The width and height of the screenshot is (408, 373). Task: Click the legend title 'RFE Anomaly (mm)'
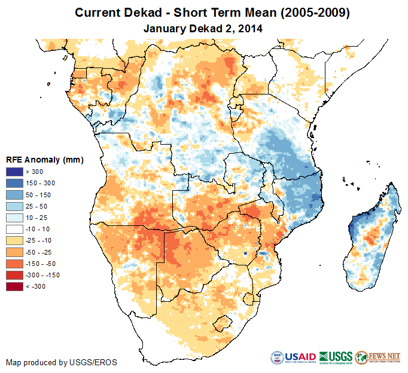point(44,160)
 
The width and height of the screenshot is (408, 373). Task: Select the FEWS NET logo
point(378,357)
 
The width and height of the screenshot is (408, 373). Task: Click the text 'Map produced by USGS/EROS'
point(62,362)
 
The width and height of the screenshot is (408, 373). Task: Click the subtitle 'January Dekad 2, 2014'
point(203,27)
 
